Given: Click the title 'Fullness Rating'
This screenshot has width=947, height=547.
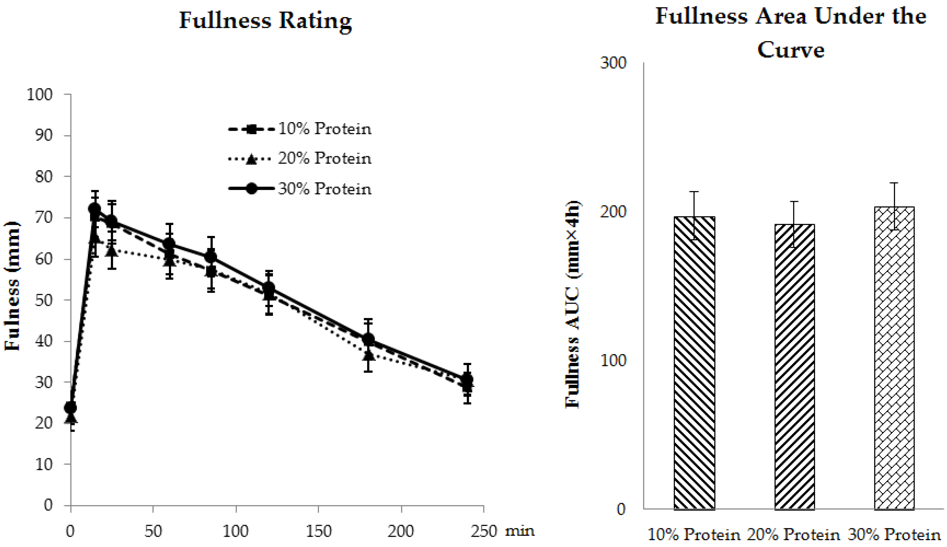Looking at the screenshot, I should [x=265, y=21].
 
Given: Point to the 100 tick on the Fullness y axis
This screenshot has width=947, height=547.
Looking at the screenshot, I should [x=39, y=94].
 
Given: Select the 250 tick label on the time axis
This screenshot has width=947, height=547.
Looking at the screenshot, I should [x=484, y=531].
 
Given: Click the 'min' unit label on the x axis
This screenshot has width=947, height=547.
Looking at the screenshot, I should [x=519, y=531].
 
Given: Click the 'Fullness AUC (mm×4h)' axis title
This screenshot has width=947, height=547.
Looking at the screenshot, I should [x=573, y=304].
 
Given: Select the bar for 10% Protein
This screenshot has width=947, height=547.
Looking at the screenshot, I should [x=694, y=363].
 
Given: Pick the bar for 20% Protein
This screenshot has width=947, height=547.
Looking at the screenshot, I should [x=795, y=366].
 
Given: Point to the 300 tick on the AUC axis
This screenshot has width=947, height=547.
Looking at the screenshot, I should [x=613, y=63].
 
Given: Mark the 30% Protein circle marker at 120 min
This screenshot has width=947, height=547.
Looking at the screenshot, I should [x=269, y=288].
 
